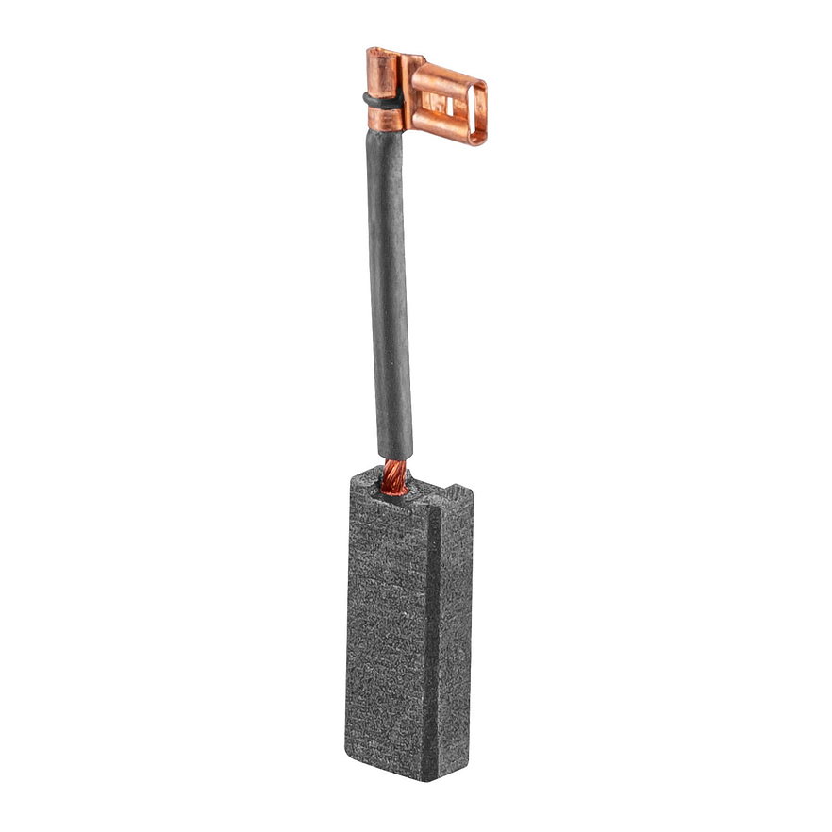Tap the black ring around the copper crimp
381,97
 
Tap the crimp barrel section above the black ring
382,72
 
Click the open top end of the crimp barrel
381,53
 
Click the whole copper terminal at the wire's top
424,94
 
